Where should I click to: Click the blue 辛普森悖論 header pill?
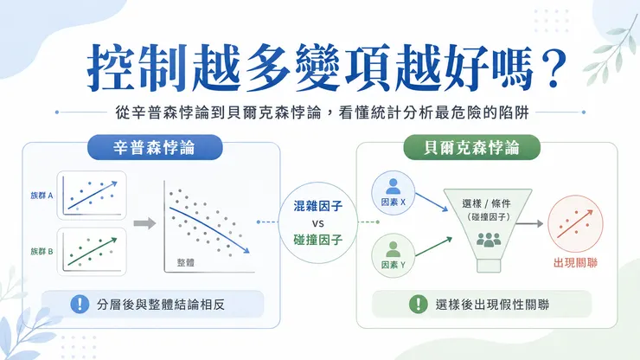tap(155, 147)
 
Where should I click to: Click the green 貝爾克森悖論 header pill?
tap(471, 147)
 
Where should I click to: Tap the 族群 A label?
tap(42, 196)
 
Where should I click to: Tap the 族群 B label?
tap(42, 251)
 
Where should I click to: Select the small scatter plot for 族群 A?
tap(92, 196)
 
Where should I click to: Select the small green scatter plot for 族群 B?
tap(92, 252)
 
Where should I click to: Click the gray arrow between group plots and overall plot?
tap(145, 223)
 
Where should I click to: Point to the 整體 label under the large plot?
tap(186, 262)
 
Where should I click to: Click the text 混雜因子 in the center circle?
tap(318, 206)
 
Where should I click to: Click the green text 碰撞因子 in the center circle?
tap(318, 240)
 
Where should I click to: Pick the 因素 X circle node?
tap(393, 193)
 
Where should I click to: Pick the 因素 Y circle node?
tap(393, 256)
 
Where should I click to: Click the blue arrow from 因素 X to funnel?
tap(432, 202)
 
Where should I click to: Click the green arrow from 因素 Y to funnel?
tap(433, 247)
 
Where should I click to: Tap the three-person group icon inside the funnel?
tap(489, 240)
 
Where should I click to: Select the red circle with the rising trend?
tap(575, 223)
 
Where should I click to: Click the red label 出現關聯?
tap(575, 263)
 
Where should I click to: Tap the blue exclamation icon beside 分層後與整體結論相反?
tap(80, 304)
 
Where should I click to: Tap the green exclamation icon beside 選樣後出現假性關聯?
tap(418, 304)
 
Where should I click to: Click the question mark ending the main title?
tap(554, 68)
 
